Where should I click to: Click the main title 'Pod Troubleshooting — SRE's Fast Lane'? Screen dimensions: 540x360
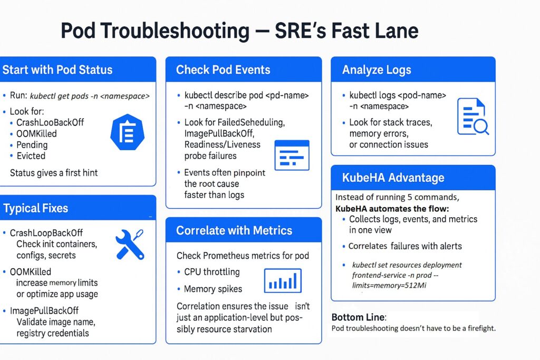coord(240,31)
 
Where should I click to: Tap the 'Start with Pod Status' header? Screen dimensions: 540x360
coord(57,70)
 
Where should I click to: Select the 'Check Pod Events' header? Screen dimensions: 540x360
coord(223,70)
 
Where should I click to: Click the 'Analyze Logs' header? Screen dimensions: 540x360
coord(377,70)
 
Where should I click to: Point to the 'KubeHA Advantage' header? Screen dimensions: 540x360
coord(393,178)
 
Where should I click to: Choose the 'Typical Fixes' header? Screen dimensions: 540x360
coord(35,208)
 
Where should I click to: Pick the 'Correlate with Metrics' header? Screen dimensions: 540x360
coord(234,230)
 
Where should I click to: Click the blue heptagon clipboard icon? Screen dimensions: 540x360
coord(128,132)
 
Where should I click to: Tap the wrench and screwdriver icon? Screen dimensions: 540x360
coord(130,245)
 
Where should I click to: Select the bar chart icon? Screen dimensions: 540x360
coord(283,280)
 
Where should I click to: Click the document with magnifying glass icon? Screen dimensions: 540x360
coord(473,116)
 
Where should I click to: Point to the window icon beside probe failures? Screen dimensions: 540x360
coord(292,155)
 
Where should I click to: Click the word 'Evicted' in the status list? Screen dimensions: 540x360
coord(31,156)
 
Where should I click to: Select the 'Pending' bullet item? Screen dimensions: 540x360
coord(32,145)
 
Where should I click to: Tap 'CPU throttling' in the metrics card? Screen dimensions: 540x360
coord(212,272)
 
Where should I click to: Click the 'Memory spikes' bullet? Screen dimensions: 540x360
coord(213,289)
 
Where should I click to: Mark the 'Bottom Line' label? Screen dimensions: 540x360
coord(358,317)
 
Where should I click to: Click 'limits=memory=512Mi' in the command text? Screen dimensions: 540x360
coord(389,285)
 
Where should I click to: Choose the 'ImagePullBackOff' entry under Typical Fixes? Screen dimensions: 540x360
coord(44,311)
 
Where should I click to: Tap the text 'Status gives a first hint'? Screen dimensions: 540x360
coord(54,173)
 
